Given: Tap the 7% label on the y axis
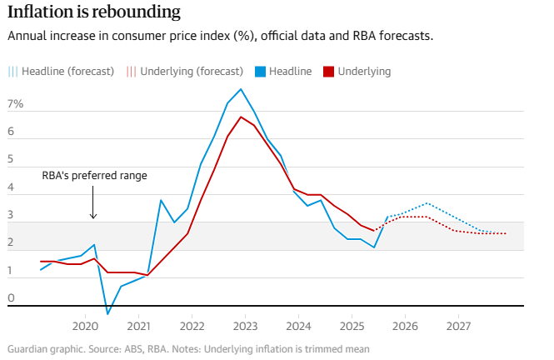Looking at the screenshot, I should tap(15, 104).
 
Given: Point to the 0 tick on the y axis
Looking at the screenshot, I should tap(11, 298).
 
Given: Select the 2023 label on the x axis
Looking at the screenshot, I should tap(244, 327).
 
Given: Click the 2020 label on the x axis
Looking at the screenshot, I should tap(85, 327).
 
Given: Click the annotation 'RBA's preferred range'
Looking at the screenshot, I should tap(94, 176).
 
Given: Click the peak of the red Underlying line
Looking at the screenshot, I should tap(241, 117).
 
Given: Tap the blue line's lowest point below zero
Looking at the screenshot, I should tap(107, 314).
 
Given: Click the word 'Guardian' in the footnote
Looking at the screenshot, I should tap(27, 349).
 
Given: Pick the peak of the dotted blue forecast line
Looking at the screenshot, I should tap(427, 203).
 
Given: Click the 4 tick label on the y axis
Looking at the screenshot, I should tap(11, 187).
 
